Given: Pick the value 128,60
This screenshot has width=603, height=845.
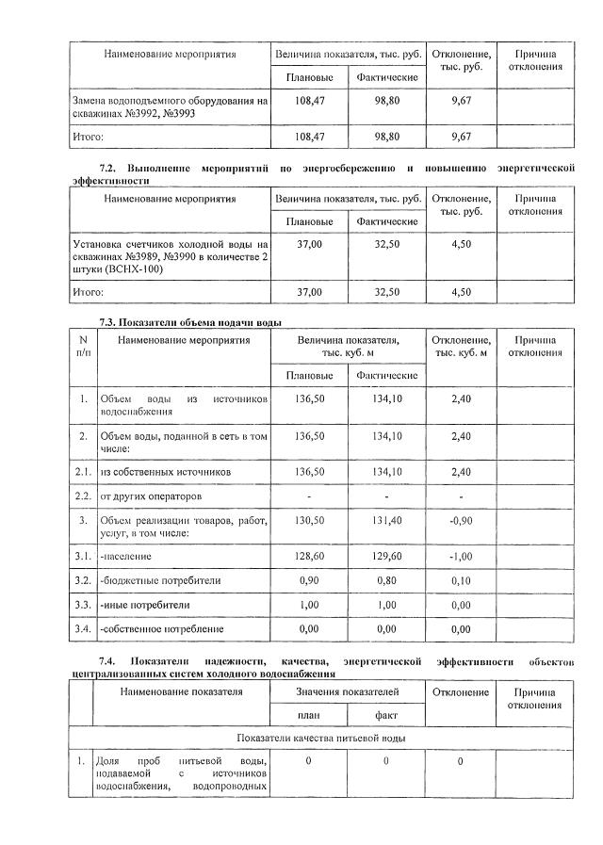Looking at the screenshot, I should point(309,556).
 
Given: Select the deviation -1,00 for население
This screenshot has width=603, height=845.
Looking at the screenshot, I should point(461,556).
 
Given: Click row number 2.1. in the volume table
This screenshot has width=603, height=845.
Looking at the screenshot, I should point(83,470).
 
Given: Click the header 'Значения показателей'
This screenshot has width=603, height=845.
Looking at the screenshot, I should point(347,692).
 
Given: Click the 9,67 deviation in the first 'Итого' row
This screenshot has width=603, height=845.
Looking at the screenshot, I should point(461,137).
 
